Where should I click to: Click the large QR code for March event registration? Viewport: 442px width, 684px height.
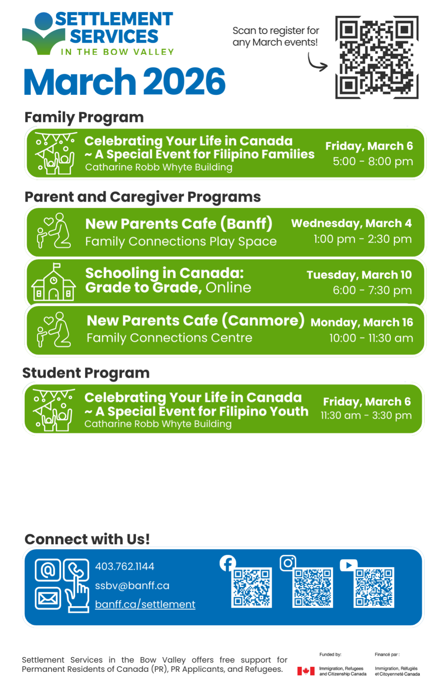point(377,57)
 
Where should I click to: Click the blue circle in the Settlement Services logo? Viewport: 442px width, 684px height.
point(44,21)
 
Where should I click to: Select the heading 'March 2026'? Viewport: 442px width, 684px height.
point(125,82)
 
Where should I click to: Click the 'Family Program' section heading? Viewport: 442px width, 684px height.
point(84,117)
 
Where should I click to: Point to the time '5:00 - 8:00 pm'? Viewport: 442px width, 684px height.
point(373,161)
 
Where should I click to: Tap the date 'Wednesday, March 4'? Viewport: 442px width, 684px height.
point(351,223)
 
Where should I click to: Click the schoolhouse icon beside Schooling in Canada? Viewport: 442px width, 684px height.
point(53,282)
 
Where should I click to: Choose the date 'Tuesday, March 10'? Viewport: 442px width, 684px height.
point(359,275)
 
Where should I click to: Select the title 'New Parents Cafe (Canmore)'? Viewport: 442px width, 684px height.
point(196,321)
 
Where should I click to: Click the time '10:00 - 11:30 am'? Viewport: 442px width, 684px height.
point(371,338)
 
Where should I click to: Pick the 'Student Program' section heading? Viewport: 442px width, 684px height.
point(86,373)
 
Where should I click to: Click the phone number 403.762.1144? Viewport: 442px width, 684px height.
point(125,566)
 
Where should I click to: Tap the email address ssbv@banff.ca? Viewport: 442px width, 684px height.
point(132,585)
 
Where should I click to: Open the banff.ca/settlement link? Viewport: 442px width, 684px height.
point(145,604)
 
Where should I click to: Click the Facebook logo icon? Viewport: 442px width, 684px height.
point(228,563)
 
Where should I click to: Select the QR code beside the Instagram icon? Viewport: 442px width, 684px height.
point(313,587)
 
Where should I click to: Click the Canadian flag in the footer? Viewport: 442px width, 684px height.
point(306,671)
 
